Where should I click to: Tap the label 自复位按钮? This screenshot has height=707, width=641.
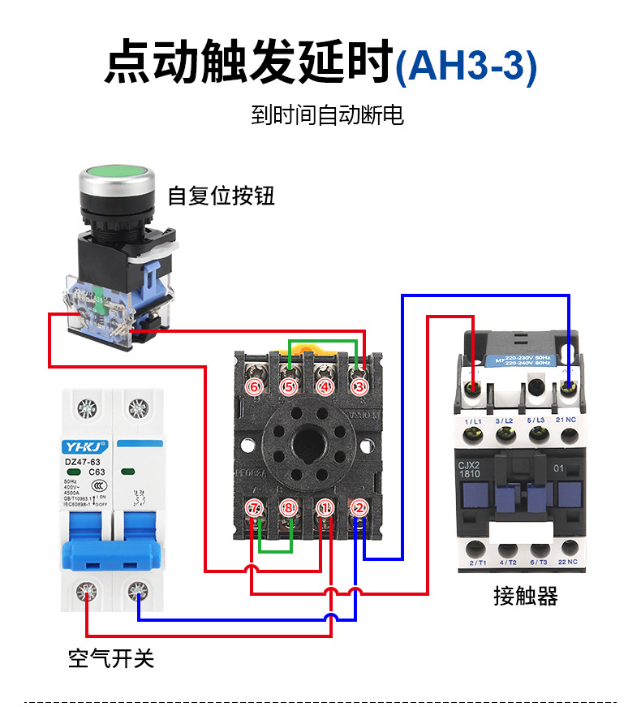point(221,196)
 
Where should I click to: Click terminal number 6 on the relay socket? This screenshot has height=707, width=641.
point(255,387)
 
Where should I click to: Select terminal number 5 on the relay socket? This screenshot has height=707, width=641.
point(290,387)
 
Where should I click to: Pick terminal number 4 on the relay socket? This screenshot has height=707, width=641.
point(325,387)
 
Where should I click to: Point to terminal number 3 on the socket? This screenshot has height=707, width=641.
point(359,387)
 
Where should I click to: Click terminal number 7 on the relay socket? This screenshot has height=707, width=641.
point(255,509)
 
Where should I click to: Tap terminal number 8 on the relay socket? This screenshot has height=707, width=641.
point(290,509)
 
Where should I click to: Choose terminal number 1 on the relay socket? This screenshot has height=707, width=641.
point(325,509)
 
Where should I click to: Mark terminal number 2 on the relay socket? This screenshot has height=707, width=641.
point(359,509)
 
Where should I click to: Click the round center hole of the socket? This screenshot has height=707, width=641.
point(307,446)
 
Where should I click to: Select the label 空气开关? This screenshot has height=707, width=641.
point(111,658)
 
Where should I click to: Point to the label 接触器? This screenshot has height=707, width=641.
point(526,597)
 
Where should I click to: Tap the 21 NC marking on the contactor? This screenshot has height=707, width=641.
point(567,422)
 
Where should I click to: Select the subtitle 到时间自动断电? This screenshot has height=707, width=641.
point(327,115)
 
